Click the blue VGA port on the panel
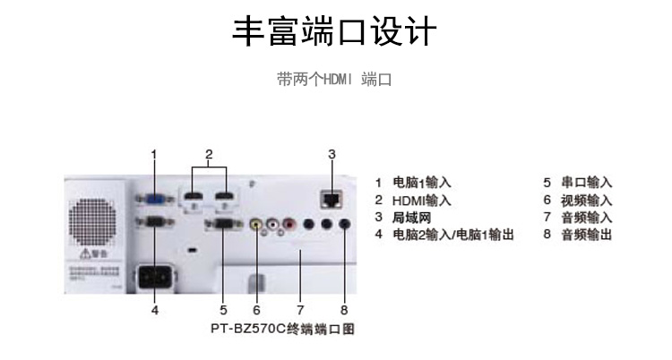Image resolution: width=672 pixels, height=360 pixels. (x=154, y=200)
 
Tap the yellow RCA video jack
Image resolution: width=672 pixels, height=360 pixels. (x=256, y=225)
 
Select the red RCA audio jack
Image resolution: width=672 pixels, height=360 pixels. (x=289, y=225)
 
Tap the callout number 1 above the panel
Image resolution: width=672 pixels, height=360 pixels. (x=154, y=154)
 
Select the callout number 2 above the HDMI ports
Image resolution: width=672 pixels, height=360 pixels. (x=209, y=154)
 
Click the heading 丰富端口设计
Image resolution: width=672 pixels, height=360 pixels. (x=334, y=32)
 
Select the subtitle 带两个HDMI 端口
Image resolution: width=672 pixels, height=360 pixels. (x=334, y=80)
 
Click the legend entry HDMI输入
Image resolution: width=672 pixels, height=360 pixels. (x=421, y=201)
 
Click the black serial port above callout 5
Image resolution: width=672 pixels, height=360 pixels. (x=223, y=225)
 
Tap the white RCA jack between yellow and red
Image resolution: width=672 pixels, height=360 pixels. (x=272, y=225)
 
